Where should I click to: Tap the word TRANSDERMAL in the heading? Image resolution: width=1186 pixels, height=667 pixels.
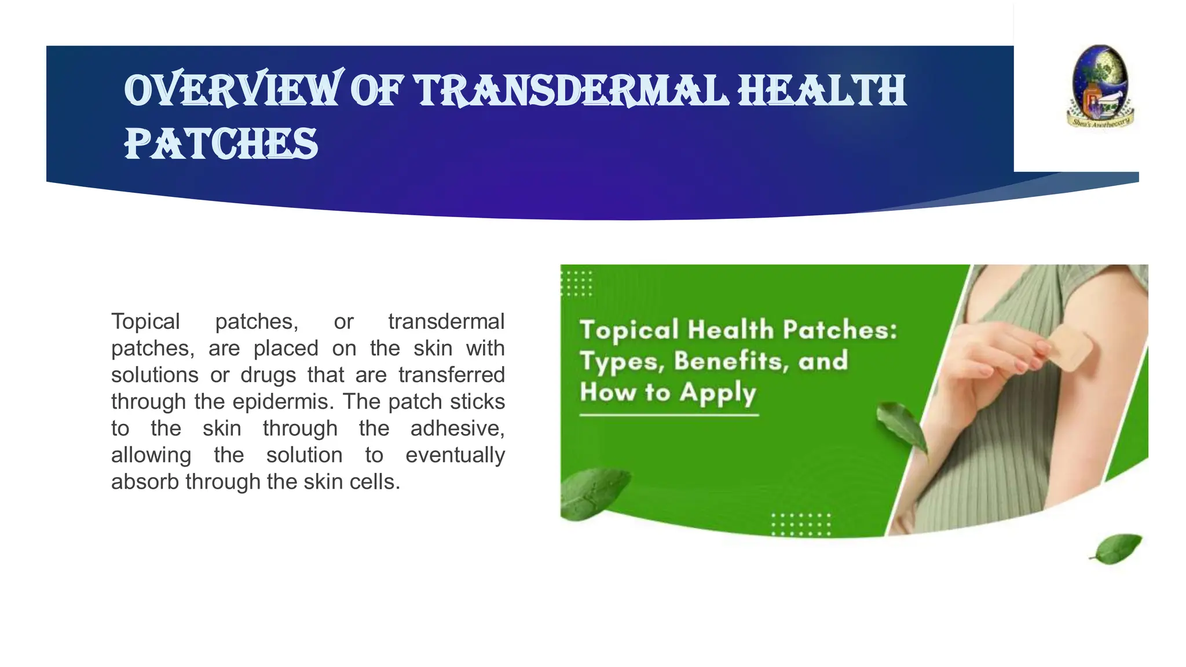pos(571,91)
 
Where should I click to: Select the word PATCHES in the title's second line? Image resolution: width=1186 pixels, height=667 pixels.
pos(221,144)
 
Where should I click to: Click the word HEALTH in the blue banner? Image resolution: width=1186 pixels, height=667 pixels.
pos(822,91)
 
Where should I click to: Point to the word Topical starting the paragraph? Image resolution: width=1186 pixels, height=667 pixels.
pos(145,321)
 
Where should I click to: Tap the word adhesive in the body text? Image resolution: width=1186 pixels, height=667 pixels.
pos(457,428)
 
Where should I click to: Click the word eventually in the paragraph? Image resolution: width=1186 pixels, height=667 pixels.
pos(455,455)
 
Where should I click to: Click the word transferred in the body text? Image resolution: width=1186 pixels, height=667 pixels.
pos(451,375)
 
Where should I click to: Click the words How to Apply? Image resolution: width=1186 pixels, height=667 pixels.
pos(668,392)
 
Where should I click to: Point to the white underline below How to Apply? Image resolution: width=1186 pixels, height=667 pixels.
pos(669,415)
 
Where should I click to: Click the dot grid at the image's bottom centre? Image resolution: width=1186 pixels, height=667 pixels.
pos(801,524)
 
